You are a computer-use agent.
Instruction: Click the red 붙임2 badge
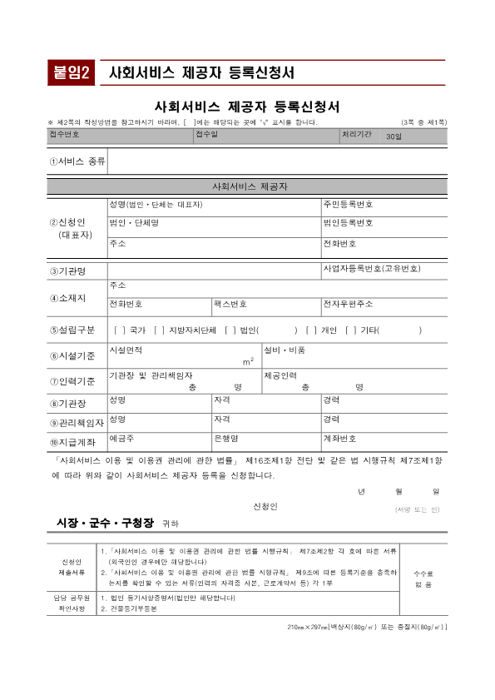pyautogui.click(x=72, y=72)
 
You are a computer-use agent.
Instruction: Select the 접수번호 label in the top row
pyautogui.click(x=64, y=134)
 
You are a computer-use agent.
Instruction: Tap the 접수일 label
pyautogui.click(x=206, y=134)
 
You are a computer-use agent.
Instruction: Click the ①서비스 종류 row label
pyautogui.click(x=77, y=161)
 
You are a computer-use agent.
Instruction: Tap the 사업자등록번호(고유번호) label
pyautogui.click(x=371, y=269)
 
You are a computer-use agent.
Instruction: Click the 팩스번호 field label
pyautogui.click(x=230, y=305)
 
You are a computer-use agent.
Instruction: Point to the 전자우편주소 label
pyautogui.click(x=348, y=305)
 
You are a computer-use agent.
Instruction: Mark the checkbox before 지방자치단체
pyautogui.click(x=158, y=330)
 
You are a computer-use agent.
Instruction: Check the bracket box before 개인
pyautogui.click(x=311, y=330)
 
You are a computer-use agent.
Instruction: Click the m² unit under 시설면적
pyautogui.click(x=248, y=361)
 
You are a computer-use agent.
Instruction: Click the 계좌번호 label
pyautogui.click(x=339, y=438)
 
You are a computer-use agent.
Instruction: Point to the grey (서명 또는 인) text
pyautogui.click(x=418, y=508)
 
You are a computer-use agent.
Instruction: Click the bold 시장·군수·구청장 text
pyautogui.click(x=105, y=523)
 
